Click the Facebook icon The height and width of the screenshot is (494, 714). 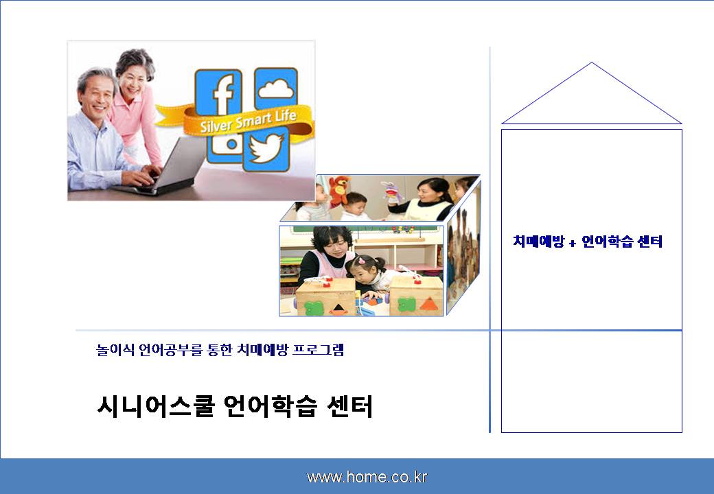click(218, 92)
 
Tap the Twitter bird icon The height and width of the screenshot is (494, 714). click(267, 149)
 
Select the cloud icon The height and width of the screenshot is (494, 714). click(276, 88)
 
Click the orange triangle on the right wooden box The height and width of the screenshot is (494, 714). click(429, 305)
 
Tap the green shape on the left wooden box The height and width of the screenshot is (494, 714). click(314, 307)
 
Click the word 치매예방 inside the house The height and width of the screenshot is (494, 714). click(539, 241)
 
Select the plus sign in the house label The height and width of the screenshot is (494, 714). click(573, 243)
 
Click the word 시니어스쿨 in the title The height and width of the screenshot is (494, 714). click(156, 406)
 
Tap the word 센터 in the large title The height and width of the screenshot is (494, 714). click(349, 406)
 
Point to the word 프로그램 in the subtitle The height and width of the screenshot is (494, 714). click(318, 349)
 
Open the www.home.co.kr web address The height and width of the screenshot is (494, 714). click(367, 477)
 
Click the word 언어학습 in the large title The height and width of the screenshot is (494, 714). click(270, 406)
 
